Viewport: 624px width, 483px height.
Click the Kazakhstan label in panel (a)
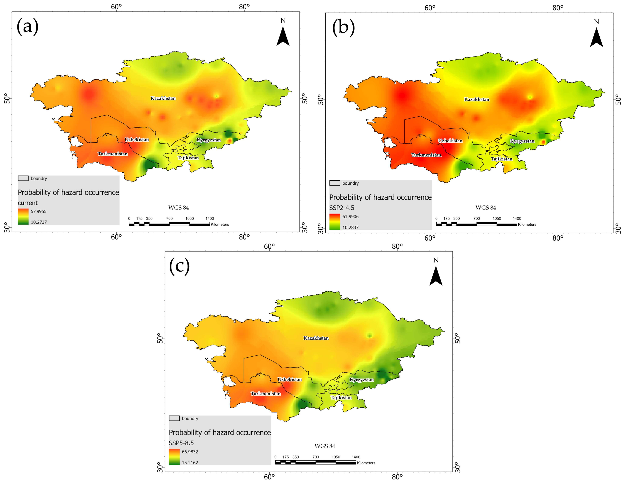tap(163, 98)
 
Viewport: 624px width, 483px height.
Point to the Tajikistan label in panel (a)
tap(188, 158)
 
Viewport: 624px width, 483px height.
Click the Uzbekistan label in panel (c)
tap(289, 379)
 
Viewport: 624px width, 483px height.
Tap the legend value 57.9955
tap(39, 211)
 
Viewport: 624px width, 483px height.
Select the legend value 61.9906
tap(350, 217)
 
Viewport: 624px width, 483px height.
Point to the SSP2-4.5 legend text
tap(342, 208)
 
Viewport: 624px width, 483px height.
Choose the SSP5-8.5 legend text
tap(181, 443)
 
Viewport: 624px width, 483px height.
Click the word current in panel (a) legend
tap(28, 203)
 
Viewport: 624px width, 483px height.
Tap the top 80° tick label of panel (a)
tap(244, 7)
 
